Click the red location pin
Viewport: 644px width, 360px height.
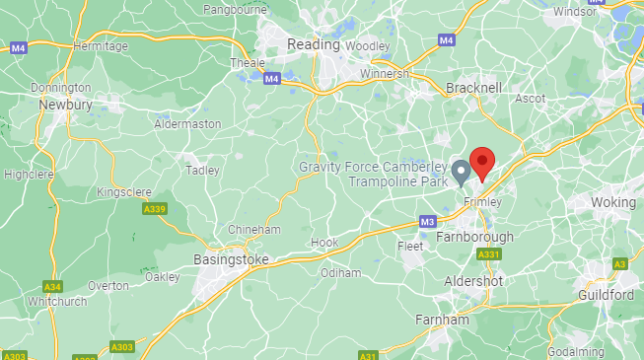pyautogui.click(x=482, y=162)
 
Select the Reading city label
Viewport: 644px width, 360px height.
pyautogui.click(x=313, y=44)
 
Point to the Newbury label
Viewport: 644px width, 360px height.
pyautogui.click(x=65, y=104)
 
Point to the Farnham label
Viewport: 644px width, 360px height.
pyautogui.click(x=442, y=320)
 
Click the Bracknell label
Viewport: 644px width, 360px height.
pyautogui.click(x=474, y=88)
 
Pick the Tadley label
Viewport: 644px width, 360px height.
pyautogui.click(x=202, y=170)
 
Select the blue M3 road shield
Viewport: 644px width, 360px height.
pyautogui.click(x=427, y=221)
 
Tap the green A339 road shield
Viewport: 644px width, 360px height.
pyautogui.click(x=154, y=209)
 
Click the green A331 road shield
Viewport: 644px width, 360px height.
pyautogui.click(x=487, y=254)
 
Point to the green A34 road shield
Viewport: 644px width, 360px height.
pyautogui.click(x=52, y=286)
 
